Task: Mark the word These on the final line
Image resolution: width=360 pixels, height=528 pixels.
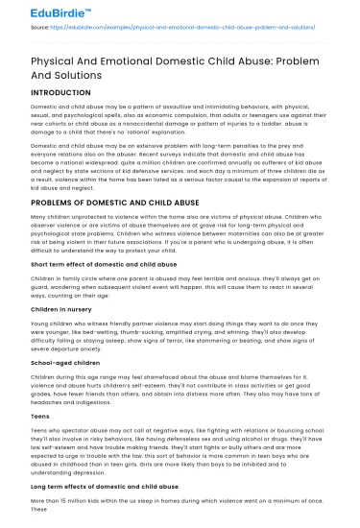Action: click(39, 510)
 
